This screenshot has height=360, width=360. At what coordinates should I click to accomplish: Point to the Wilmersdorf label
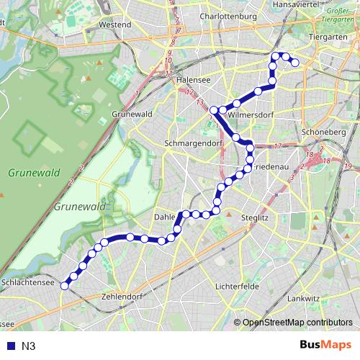click(253, 113)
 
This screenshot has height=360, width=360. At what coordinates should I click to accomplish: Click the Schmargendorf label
click(191, 143)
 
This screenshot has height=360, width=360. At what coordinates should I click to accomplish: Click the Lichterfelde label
click(238, 286)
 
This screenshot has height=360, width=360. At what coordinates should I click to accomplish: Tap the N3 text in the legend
click(28, 346)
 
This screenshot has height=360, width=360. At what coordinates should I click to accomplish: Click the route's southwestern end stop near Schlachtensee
click(64, 286)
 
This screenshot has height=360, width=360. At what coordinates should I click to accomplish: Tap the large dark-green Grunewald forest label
click(33, 173)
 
